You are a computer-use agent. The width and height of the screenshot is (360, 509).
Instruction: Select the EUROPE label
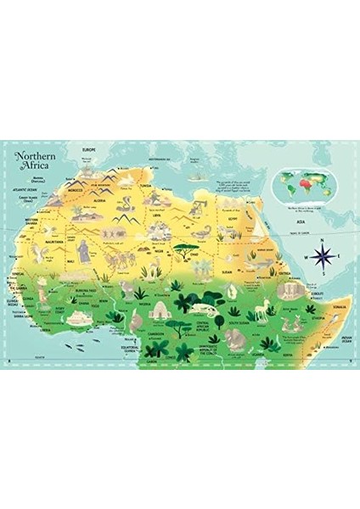[86, 149]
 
